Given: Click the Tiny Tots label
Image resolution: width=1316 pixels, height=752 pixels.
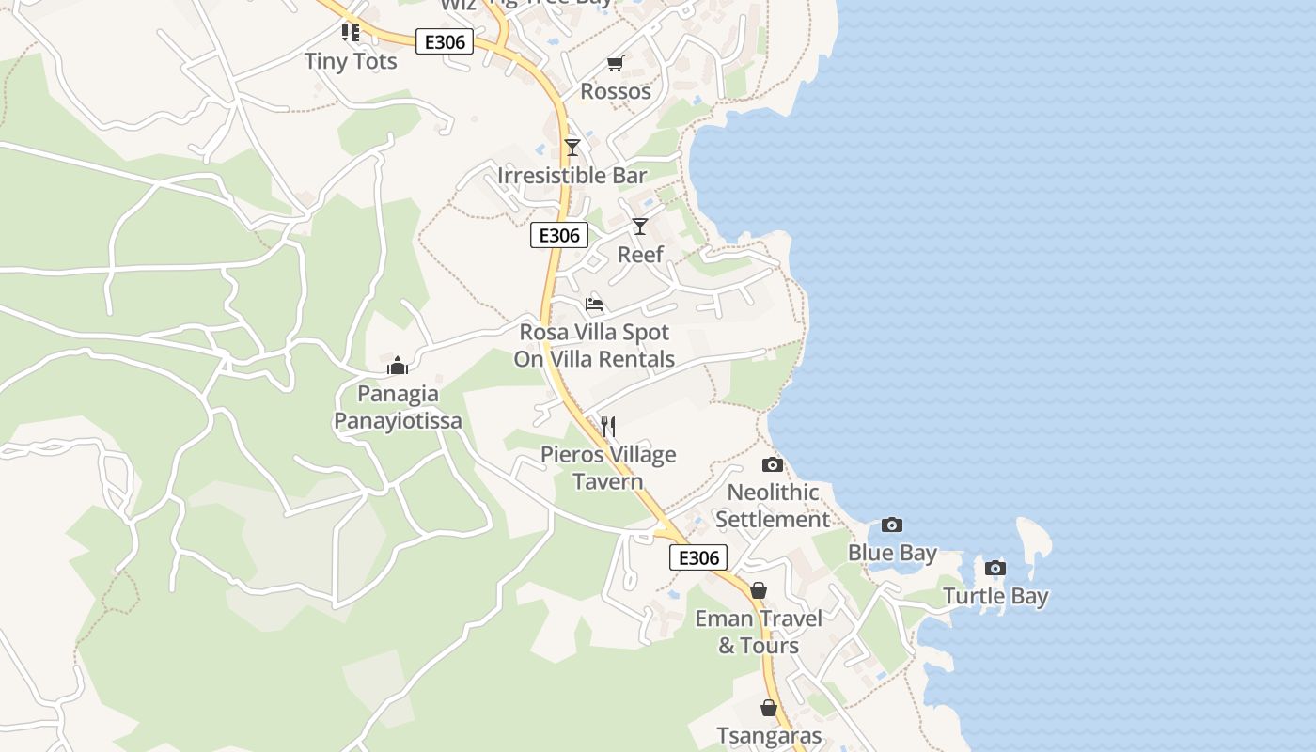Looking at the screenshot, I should [351, 61].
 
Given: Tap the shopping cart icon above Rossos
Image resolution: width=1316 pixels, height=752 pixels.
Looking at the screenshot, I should [615, 63].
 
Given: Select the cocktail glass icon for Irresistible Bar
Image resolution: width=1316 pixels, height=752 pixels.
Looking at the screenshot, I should [572, 148].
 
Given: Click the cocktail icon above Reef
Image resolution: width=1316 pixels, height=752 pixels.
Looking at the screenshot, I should [640, 227].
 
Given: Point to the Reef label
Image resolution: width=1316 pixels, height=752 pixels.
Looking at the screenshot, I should [640, 255].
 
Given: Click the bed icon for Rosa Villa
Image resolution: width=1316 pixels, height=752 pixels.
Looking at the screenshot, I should [594, 305].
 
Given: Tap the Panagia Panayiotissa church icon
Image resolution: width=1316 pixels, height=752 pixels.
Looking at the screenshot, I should [398, 366].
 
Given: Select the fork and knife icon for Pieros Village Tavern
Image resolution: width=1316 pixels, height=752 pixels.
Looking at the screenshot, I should [608, 427].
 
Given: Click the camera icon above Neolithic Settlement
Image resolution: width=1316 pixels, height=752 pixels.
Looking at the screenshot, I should [773, 464].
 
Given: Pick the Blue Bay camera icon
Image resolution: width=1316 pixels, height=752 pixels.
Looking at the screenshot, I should [892, 525].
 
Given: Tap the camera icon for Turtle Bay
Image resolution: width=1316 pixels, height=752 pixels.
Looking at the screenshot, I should [995, 568].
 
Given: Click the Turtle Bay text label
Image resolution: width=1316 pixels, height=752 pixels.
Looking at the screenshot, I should [995, 596].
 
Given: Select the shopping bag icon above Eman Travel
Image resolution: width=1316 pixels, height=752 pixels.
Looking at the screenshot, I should [759, 590].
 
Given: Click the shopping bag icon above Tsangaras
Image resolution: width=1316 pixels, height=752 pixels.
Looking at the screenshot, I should [769, 708].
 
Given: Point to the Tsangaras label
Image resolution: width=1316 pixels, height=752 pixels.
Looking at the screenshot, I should [769, 736].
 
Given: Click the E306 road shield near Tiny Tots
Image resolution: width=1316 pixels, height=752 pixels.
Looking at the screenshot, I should [445, 42].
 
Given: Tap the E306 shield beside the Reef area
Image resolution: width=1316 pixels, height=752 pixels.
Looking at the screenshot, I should [559, 235].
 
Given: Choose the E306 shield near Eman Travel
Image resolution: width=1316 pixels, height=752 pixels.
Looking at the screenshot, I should [698, 557].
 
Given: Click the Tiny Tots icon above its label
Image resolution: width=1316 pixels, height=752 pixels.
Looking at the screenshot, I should [351, 33].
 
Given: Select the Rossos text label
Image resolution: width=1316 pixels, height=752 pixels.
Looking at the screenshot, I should [616, 91].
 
